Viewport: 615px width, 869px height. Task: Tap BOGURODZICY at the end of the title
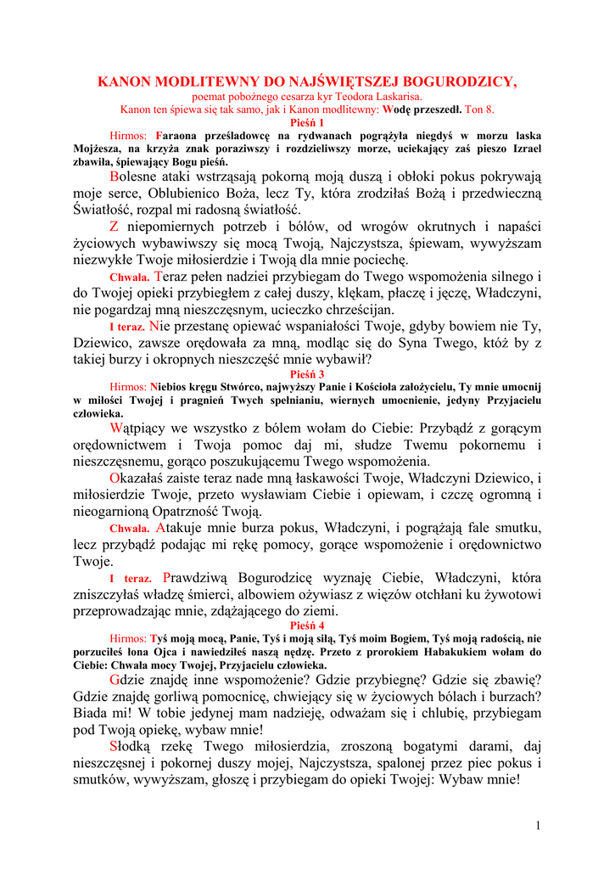[x=458, y=82]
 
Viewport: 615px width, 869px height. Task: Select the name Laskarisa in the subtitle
[x=397, y=98]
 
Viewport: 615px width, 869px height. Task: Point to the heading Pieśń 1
[x=307, y=122]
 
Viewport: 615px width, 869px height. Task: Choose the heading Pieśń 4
[x=307, y=625]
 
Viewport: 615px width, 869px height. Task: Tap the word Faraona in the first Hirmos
[x=173, y=136]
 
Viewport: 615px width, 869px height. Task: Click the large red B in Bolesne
[x=115, y=177]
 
